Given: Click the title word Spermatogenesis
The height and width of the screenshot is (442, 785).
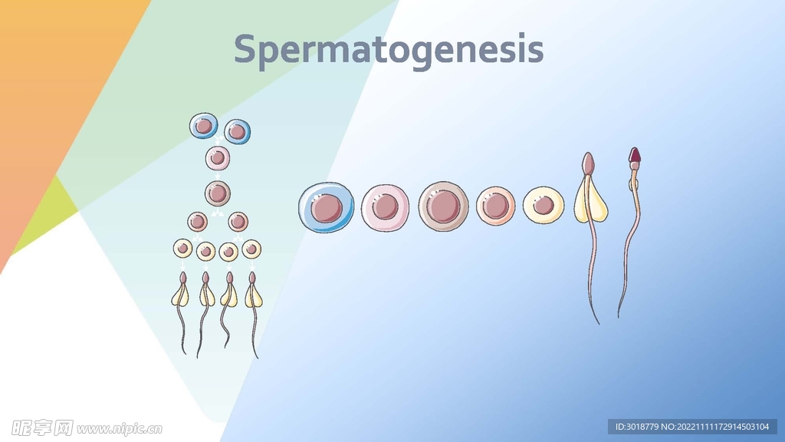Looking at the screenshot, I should point(389,50).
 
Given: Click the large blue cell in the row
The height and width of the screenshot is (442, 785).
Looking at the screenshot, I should point(326,207).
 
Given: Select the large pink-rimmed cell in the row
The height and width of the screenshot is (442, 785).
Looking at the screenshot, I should point(386,206).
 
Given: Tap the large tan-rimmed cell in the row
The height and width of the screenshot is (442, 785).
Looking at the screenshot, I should point(443,206).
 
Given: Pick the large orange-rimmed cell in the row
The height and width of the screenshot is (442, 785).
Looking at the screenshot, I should point(495,206).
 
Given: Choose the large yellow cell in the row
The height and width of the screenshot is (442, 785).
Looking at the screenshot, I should point(544,206).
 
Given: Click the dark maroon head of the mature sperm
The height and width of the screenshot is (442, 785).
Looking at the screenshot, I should point(635,157).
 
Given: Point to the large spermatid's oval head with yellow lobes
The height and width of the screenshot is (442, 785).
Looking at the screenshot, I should point(588,164).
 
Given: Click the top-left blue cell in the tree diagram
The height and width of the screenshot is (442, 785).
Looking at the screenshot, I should point(203,125).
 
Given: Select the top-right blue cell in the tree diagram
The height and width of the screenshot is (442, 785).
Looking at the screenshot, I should point(237,131).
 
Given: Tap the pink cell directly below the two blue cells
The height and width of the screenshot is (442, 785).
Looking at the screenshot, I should point(218,159).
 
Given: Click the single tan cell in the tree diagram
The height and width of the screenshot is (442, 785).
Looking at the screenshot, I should point(218,193).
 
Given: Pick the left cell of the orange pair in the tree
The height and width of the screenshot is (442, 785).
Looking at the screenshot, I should point(198,222).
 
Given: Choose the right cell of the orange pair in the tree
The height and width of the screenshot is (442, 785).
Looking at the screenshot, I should point(238,222).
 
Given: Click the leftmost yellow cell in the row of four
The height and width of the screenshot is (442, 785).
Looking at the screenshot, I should point(182,249).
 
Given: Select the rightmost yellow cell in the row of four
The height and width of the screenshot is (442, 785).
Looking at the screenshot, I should point(251,249).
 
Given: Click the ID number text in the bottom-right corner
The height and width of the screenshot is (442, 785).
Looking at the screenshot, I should point(692,427).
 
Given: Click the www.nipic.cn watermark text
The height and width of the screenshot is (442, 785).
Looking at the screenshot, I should point(120,427).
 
